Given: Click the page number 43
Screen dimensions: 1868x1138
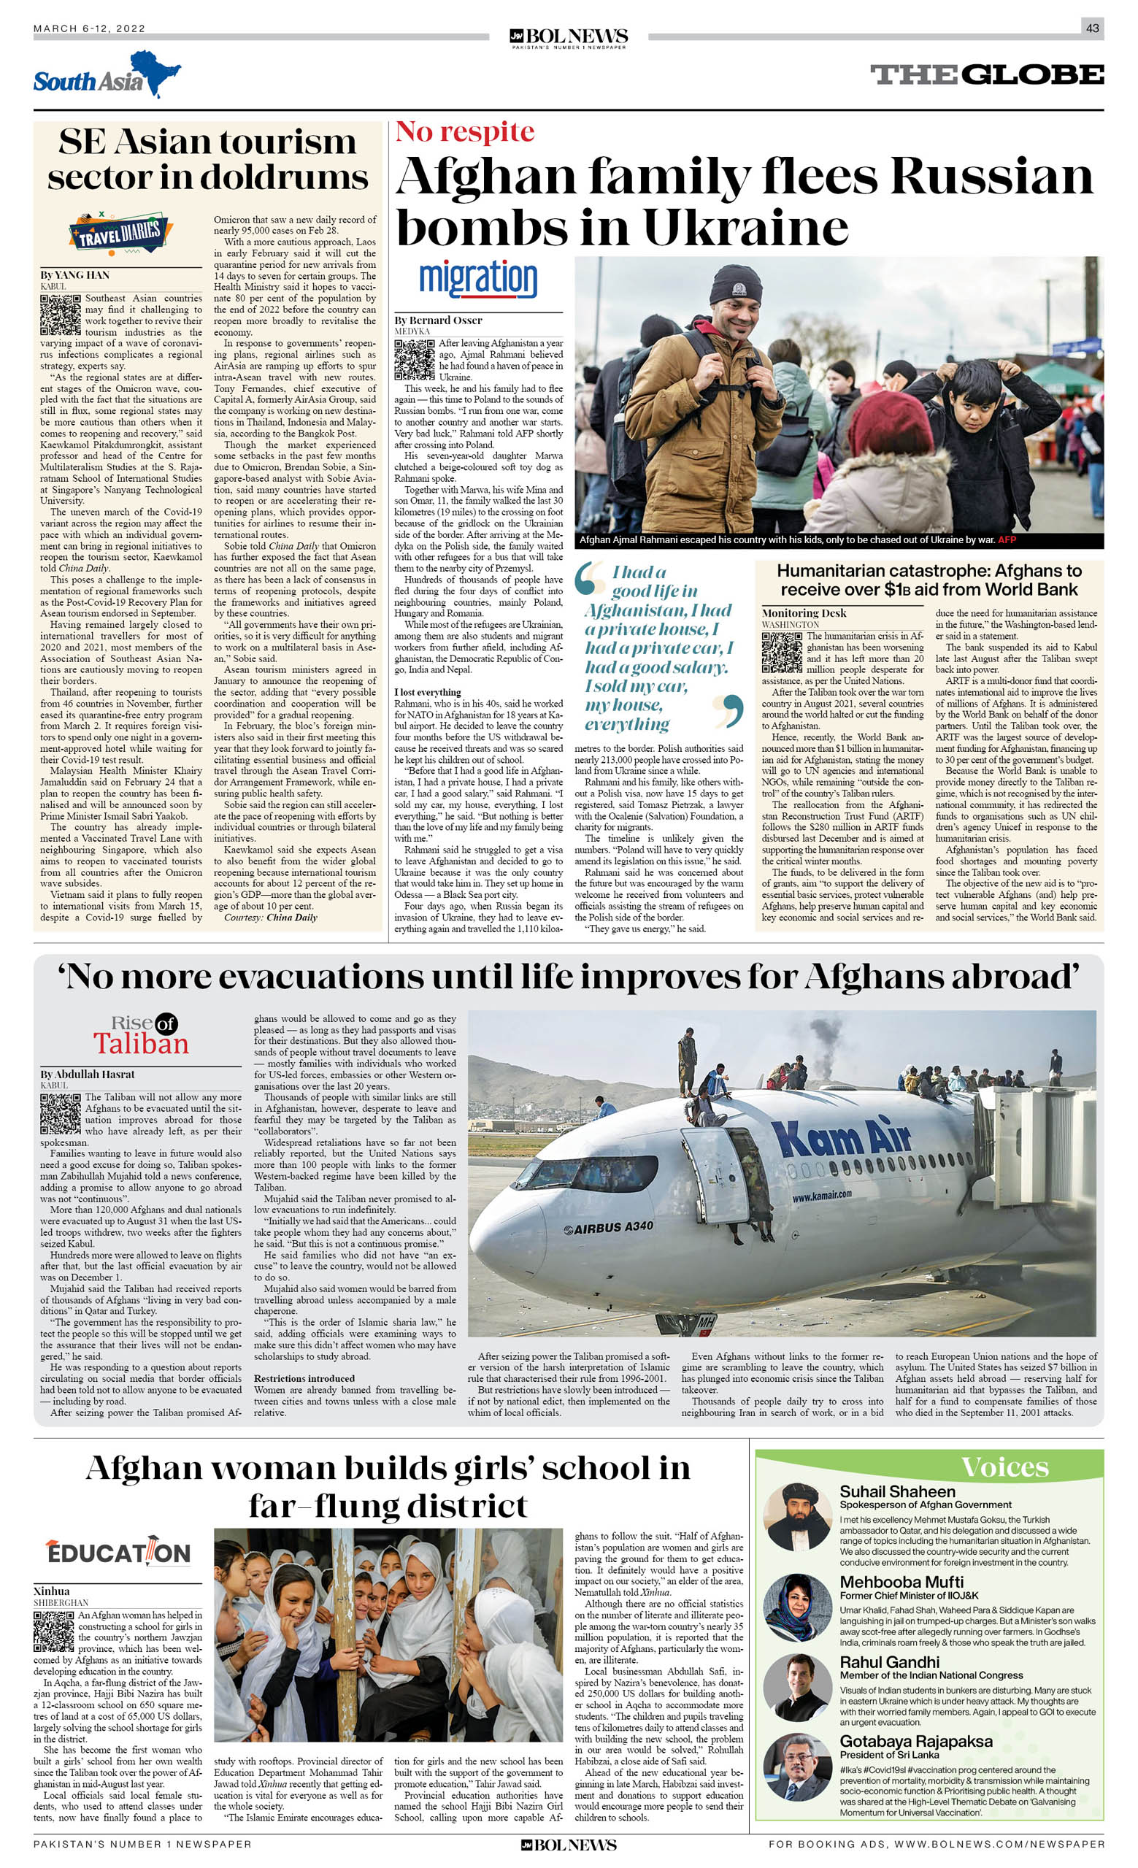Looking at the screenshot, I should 1092,28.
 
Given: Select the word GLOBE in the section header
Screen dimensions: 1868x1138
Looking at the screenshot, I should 1036,75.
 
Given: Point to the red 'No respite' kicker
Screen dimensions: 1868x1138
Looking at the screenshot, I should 465,132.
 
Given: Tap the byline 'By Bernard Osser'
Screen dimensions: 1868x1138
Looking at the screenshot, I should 438,320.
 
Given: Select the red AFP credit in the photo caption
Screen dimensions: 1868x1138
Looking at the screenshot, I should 1006,539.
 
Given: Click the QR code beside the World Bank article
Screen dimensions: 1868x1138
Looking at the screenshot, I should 782,652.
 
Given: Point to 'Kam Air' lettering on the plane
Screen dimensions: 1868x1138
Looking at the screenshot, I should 841,1137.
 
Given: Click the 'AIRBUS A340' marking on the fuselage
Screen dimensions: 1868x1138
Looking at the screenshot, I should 608,1227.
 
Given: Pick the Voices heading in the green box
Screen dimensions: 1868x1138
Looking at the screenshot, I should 1004,1468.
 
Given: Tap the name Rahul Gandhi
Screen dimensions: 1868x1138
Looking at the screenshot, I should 889,1663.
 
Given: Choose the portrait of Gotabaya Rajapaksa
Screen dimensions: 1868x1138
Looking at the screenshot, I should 798,1767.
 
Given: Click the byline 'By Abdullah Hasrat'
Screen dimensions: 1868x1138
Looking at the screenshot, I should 87,1075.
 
